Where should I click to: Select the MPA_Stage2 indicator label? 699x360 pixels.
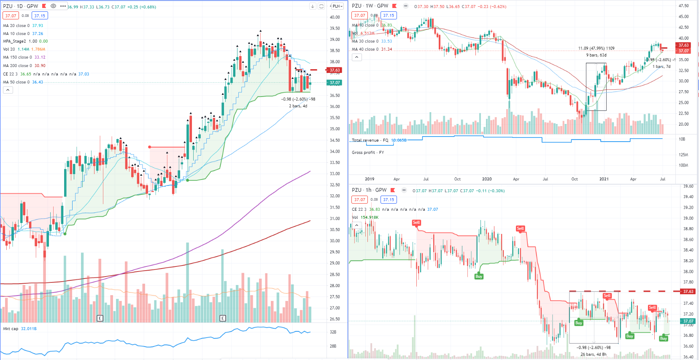14,41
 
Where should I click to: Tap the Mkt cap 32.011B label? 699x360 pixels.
19,329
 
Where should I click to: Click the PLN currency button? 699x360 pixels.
337,6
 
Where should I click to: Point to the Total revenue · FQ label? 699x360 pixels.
370,140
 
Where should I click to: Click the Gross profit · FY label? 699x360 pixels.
368,153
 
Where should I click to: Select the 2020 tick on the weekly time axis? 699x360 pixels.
487,179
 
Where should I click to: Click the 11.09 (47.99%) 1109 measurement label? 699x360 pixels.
596,48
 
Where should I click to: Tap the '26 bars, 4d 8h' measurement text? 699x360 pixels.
593,355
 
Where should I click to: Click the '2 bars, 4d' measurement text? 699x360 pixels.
298,106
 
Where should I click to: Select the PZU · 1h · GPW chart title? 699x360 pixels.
369,190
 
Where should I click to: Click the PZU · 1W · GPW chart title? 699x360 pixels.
370,6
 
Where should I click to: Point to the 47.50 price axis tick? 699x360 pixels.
683,6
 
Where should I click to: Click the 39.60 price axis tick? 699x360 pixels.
688,186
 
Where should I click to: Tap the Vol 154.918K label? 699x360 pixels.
365,218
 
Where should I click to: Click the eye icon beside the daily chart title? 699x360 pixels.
54,6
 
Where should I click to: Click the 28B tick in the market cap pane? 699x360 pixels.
333,346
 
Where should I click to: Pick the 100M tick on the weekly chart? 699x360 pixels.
683,165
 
